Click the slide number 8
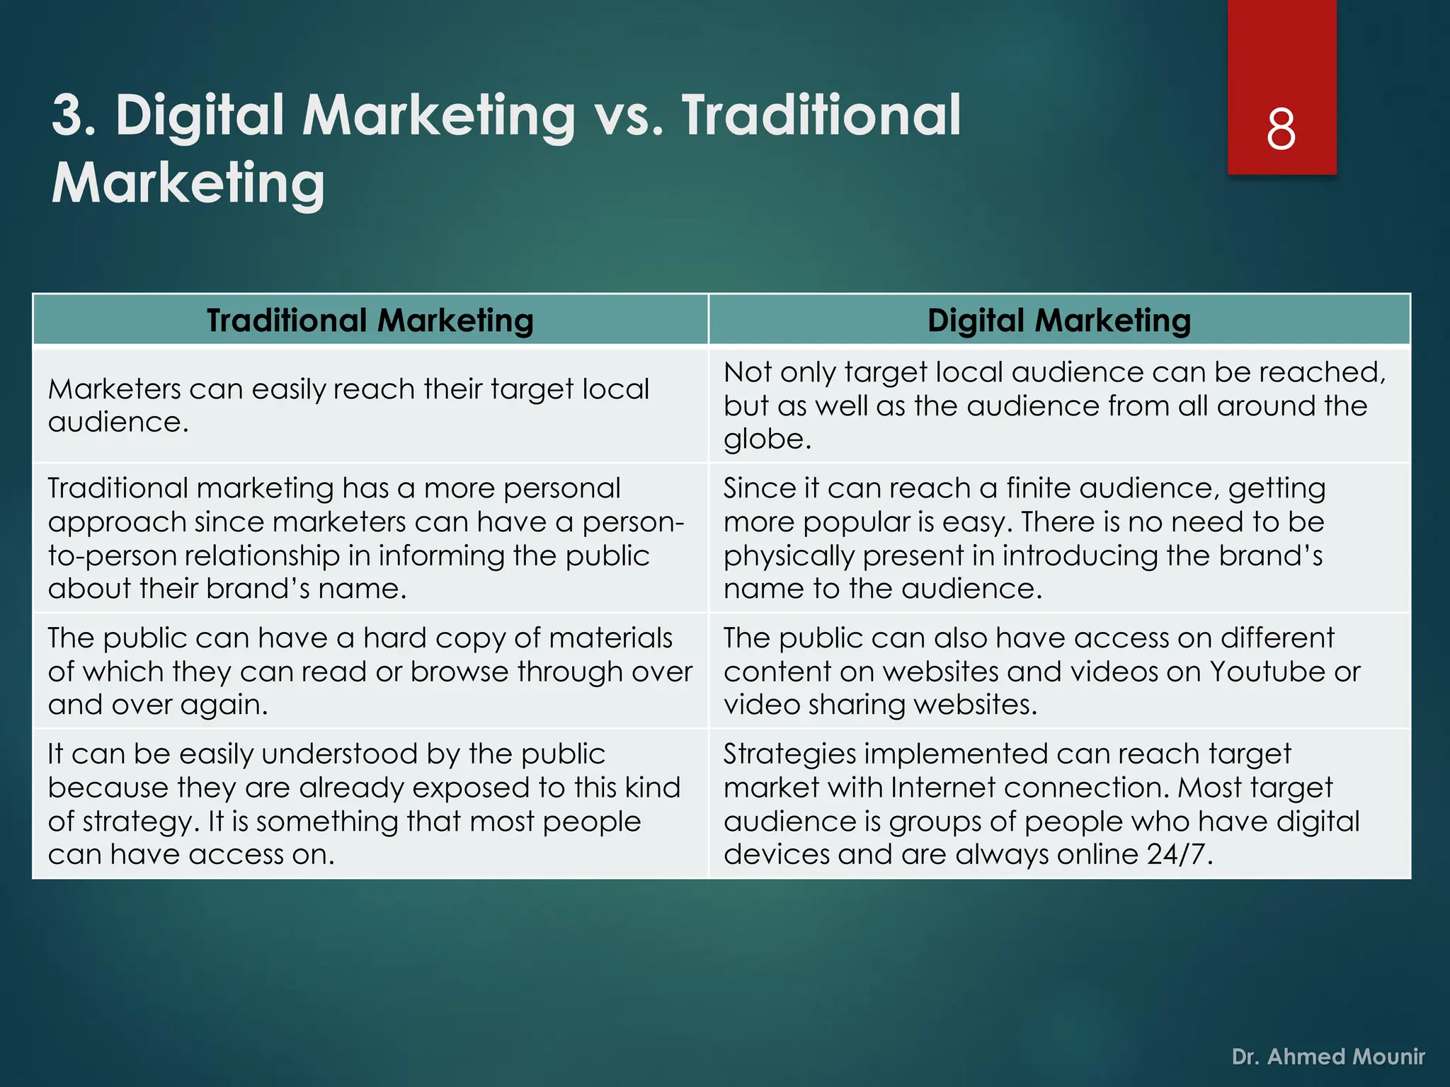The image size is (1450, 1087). tap(1281, 130)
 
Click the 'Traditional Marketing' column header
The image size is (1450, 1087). tap(370, 321)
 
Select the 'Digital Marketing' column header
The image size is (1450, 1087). tap(1059, 321)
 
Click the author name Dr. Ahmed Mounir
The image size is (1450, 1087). tap(1328, 1057)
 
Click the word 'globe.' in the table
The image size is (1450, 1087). tap(767, 439)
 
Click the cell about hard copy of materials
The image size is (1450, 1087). tap(370, 671)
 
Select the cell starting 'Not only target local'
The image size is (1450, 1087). tap(1059, 406)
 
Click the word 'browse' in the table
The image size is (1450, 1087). tap(459, 672)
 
